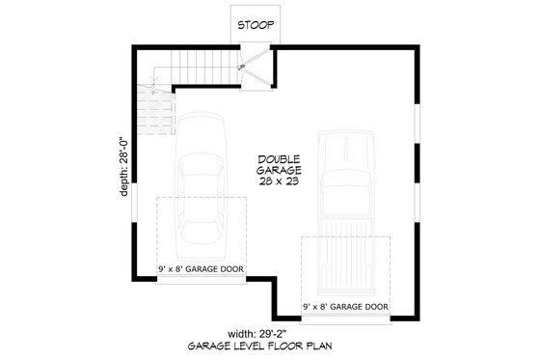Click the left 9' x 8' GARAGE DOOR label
click(201, 268)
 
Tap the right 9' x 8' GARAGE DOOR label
click(345, 308)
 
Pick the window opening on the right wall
click(417, 125)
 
